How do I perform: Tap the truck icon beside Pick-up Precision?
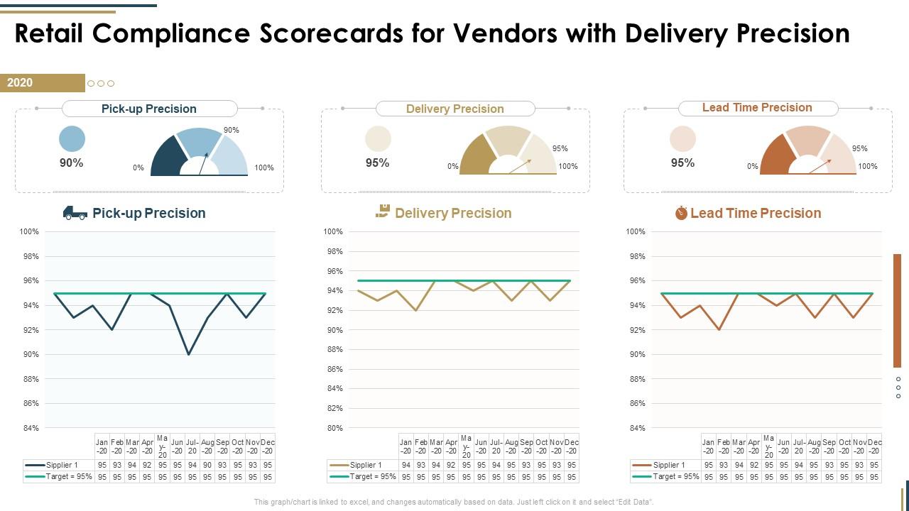(75, 212)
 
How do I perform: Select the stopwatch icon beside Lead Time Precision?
(681, 212)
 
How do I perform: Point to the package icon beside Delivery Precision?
(383, 211)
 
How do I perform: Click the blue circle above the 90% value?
(72, 138)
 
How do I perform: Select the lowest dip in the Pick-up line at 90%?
(188, 354)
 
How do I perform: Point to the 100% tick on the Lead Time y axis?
(636, 231)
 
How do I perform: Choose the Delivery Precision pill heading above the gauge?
(454, 109)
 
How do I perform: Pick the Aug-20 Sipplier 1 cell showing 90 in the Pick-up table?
(207, 465)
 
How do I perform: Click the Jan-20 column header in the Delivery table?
(405, 446)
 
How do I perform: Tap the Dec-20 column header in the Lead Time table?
(874, 446)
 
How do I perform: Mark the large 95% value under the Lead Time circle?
(682, 163)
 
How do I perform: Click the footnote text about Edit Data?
(454, 502)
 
